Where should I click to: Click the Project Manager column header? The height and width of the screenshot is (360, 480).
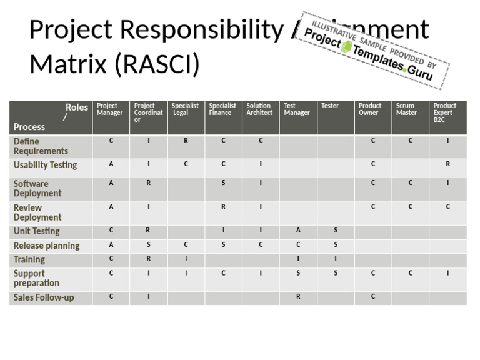pos(110,109)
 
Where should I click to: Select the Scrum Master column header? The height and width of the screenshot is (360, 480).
pos(406,109)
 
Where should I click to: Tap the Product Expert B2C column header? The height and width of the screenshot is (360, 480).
pos(445,112)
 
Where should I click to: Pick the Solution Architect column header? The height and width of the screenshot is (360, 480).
pos(259,109)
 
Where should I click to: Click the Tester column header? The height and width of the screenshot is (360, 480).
pos(330,106)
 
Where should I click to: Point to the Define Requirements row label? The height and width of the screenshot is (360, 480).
pos(41,146)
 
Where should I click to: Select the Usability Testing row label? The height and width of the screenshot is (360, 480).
pos(45,165)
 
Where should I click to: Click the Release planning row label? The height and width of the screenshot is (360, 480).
pos(46,246)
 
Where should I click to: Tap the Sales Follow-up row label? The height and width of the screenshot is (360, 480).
pos(44,297)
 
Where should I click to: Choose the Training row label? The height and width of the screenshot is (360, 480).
pos(29,259)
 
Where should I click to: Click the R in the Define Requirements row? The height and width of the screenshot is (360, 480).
pos(186,141)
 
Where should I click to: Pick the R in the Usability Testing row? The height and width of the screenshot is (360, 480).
pos(447,164)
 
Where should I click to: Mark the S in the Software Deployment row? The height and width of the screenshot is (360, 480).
pos(223,183)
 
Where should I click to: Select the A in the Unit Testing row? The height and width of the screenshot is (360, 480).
pos(298,231)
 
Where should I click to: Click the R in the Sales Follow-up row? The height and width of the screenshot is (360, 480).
pos(298,297)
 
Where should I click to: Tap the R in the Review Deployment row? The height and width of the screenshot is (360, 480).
pos(223,207)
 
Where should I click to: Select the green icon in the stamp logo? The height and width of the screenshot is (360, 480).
pos(347,46)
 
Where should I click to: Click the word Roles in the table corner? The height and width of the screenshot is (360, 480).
pos(77,107)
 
